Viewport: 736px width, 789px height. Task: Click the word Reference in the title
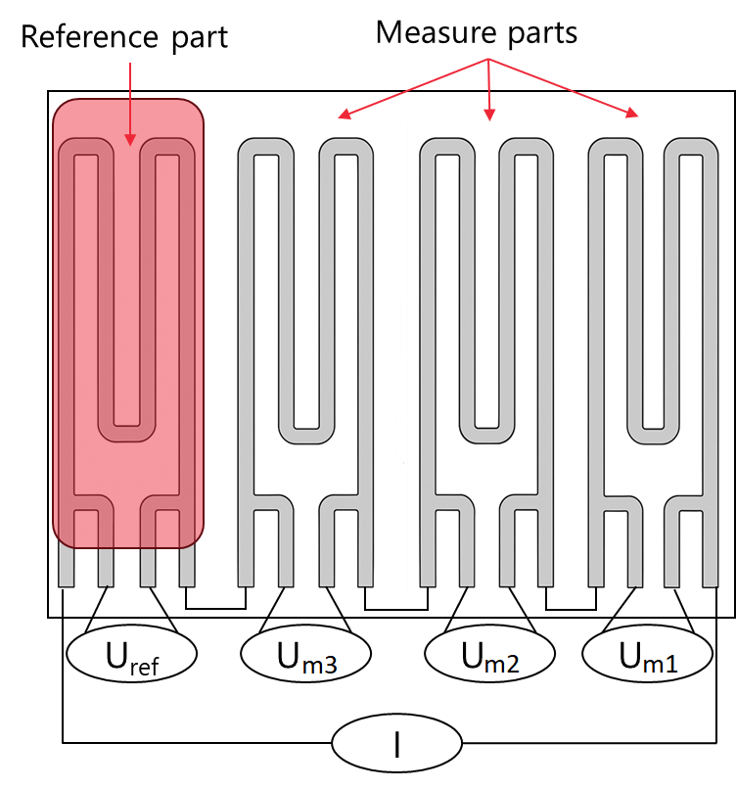(89, 37)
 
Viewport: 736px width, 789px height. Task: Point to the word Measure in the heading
(436, 32)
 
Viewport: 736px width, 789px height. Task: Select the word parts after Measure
(542, 34)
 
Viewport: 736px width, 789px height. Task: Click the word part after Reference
(200, 38)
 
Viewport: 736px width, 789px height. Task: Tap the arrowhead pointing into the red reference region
(130, 139)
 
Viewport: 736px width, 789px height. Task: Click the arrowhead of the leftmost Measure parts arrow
(345, 115)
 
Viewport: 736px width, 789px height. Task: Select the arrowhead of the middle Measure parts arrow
(489, 116)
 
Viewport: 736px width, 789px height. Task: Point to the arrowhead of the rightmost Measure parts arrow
(632, 114)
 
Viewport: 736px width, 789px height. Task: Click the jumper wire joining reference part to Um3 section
(216, 608)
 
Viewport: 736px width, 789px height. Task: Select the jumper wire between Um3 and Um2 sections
(396, 609)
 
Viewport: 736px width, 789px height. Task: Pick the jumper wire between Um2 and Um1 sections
(571, 609)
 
